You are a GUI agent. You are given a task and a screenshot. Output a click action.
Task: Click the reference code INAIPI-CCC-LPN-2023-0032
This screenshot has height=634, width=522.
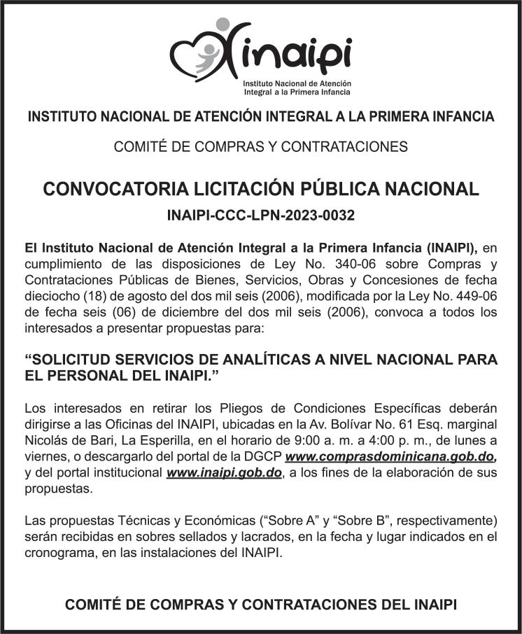[x=261, y=216]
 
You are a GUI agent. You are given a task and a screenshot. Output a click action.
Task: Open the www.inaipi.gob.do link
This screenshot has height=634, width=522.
[x=224, y=473]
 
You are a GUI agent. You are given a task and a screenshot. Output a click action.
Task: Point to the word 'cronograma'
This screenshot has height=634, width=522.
[x=58, y=552]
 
